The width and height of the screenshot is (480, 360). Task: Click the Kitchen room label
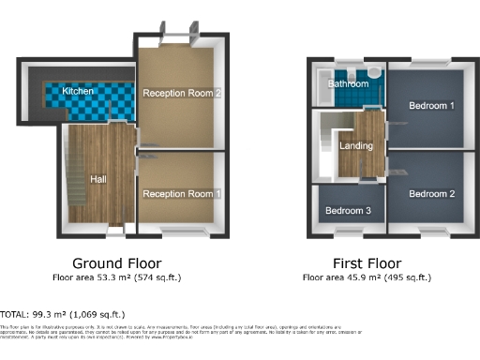click(x=78, y=91)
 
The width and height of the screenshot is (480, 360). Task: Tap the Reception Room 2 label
click(x=182, y=93)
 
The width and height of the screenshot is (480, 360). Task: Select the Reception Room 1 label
click(x=182, y=193)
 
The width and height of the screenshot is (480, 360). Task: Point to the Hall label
click(x=98, y=178)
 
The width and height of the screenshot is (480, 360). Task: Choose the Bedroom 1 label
click(x=431, y=106)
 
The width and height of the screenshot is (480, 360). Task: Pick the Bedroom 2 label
click(x=431, y=193)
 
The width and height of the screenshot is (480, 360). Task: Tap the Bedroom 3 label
click(x=349, y=211)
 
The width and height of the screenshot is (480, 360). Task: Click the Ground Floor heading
click(x=116, y=263)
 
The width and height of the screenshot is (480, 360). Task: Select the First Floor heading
click(x=366, y=263)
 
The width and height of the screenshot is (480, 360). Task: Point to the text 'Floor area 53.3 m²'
click(x=91, y=278)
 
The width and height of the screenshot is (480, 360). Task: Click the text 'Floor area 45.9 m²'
click(x=340, y=278)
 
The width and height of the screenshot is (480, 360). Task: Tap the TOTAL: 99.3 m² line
click(x=63, y=314)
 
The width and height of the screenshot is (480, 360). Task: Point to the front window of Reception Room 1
click(x=178, y=230)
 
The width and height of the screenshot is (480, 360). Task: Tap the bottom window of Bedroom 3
click(x=349, y=229)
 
